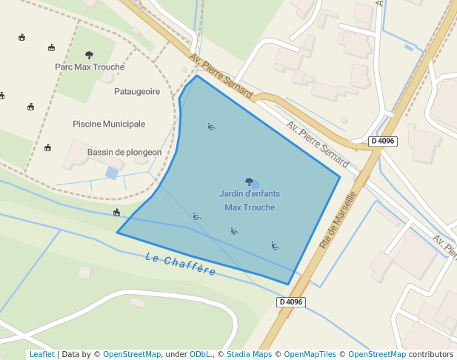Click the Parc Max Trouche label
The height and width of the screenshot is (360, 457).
tap(90, 67)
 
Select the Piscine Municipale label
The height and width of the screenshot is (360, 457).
tap(109, 124)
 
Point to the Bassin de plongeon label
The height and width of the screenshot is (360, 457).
tap(124, 153)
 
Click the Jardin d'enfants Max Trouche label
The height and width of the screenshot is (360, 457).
tap(250, 200)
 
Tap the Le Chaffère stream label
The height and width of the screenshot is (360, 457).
tap(181, 264)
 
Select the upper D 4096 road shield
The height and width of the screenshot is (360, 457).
tap(383, 141)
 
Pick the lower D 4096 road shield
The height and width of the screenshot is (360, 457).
tap(291, 301)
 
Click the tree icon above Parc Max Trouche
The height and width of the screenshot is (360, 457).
tap(90, 55)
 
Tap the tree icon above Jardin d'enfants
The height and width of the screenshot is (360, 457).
tap(249, 181)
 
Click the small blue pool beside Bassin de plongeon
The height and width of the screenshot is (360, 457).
tap(112, 173)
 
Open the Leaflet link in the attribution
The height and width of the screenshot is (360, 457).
tap(41, 354)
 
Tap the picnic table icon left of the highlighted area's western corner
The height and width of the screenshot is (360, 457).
tap(116, 213)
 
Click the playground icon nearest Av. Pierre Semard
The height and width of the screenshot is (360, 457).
tap(211, 127)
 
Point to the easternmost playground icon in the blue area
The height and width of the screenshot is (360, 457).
tap(274, 246)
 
